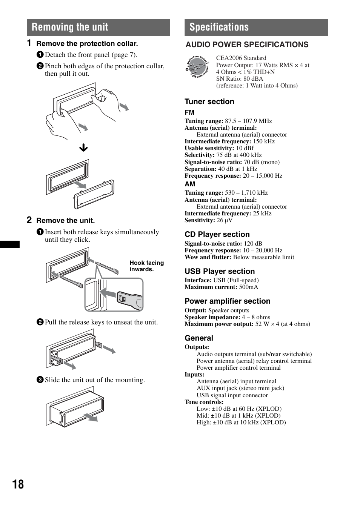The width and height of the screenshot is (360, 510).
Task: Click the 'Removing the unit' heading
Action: tap(70, 27)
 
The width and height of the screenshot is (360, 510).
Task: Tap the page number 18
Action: tap(18, 484)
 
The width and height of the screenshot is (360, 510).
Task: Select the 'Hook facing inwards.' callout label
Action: tap(146, 266)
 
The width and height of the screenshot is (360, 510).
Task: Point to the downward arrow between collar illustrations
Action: tap(83, 148)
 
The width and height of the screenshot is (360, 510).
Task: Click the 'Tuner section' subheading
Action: tap(209, 101)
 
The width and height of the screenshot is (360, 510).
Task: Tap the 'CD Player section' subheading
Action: tap(217, 234)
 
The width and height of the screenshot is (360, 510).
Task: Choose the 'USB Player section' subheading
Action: tap(219, 271)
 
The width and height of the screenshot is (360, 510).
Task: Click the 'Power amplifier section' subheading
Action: tap(227, 301)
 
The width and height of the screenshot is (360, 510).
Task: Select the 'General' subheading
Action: tap(198, 338)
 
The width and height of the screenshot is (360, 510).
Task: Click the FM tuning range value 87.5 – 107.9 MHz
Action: tap(248, 121)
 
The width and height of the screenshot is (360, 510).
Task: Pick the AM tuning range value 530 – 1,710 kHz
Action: tap(246, 193)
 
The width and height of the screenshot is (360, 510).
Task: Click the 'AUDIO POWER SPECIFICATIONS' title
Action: tap(247, 45)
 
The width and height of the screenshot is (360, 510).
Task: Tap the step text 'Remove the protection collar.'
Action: tap(87, 44)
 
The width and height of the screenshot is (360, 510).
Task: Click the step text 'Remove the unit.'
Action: tap(65, 221)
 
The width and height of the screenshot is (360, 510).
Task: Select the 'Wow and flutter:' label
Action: tap(208, 257)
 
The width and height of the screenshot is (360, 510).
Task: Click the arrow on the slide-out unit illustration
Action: tap(91, 417)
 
